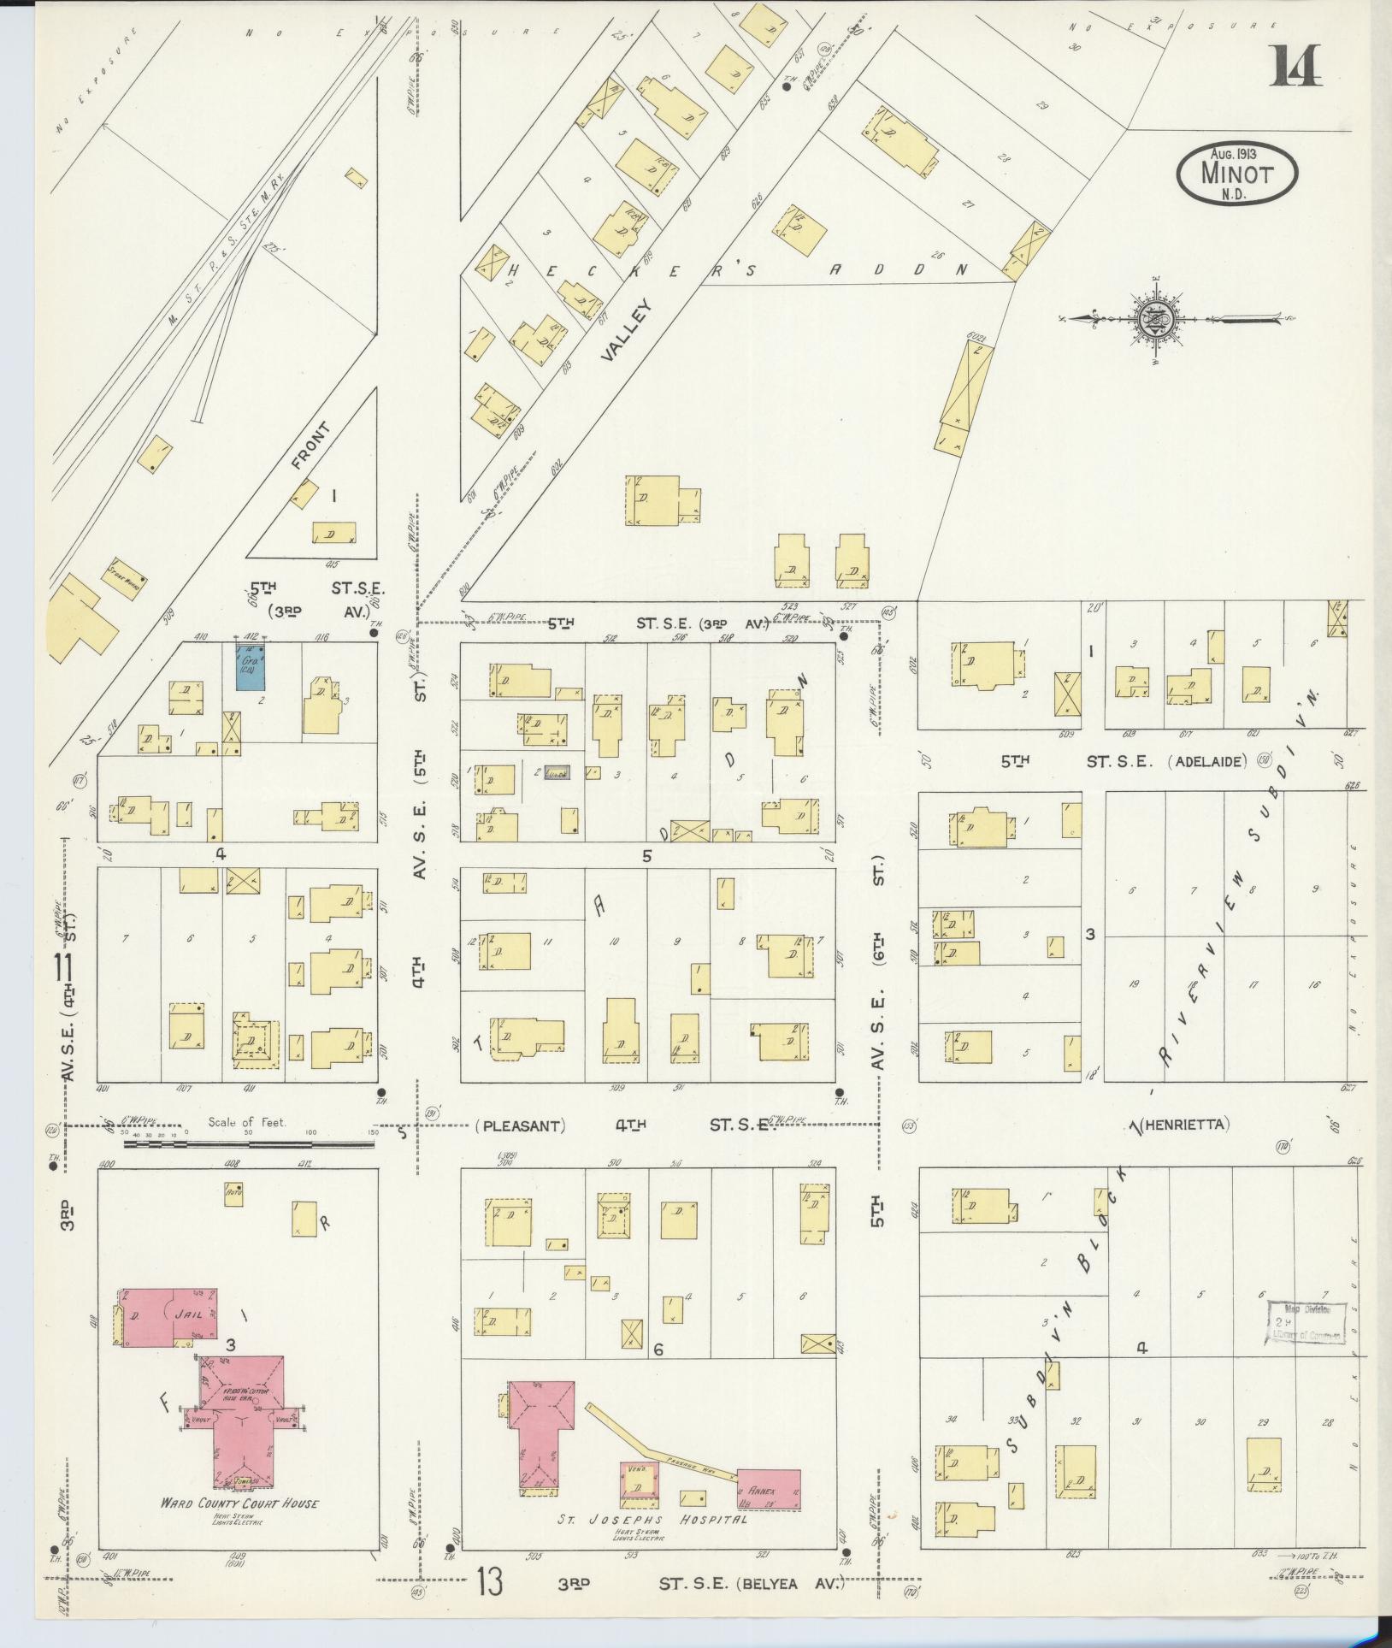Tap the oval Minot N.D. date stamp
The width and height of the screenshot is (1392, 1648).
click(x=1236, y=174)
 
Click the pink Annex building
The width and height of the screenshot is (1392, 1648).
click(x=768, y=1489)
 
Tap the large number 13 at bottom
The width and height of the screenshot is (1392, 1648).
click(x=491, y=1581)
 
